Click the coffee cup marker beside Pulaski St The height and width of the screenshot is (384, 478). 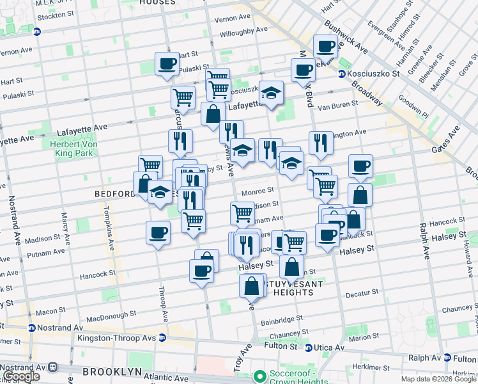[167, 64]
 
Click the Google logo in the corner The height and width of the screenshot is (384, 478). [21, 376]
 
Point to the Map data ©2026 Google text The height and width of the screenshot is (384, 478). [438, 379]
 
